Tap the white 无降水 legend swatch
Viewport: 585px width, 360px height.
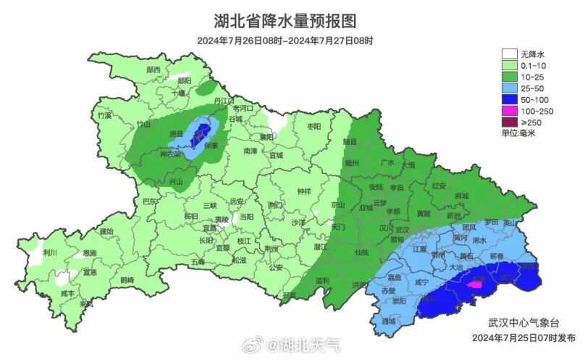pos(510,54)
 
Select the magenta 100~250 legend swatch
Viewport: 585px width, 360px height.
pos(510,111)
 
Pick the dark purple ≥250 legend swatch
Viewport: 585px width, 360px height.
pos(510,122)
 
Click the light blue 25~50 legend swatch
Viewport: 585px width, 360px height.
pos(510,88)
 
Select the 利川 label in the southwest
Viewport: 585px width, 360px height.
pos(50,253)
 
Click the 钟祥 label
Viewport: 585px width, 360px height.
pos(304,192)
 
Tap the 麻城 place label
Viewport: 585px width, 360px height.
pos(461,196)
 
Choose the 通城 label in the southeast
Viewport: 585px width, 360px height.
pos(390,320)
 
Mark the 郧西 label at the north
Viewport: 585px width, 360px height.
pos(153,70)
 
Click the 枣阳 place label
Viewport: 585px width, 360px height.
pos(313,126)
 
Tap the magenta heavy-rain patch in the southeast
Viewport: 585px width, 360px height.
pos(475,285)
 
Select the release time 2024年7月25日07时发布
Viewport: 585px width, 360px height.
pos(523,338)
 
